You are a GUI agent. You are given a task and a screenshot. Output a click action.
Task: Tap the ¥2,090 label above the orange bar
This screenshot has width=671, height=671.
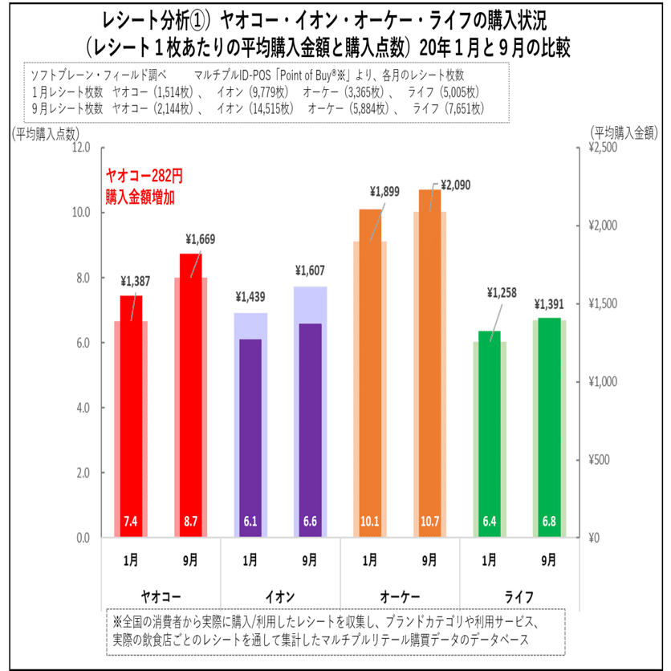[x=455, y=185]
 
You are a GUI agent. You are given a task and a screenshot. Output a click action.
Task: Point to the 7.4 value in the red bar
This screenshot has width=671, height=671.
[x=130, y=522]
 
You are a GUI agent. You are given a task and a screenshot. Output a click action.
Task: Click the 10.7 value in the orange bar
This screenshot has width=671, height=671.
[x=430, y=522]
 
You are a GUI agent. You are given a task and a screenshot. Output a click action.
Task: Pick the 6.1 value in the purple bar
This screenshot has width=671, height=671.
[x=250, y=522]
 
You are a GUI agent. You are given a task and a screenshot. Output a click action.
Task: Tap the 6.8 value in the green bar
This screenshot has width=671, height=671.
[x=549, y=522]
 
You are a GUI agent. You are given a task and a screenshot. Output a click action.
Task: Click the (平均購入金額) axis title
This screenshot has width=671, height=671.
[x=624, y=133]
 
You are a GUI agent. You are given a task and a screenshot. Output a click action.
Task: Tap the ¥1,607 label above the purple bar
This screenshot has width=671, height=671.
[x=310, y=270]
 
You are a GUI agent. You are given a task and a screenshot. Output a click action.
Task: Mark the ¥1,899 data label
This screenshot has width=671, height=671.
[x=384, y=192]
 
